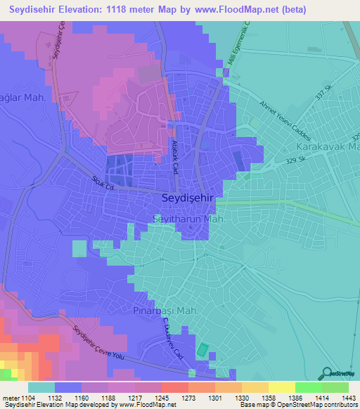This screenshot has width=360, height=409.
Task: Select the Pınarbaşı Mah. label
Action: click(x=167, y=310)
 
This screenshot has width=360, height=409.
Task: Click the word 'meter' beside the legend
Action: click(x=10, y=397)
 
